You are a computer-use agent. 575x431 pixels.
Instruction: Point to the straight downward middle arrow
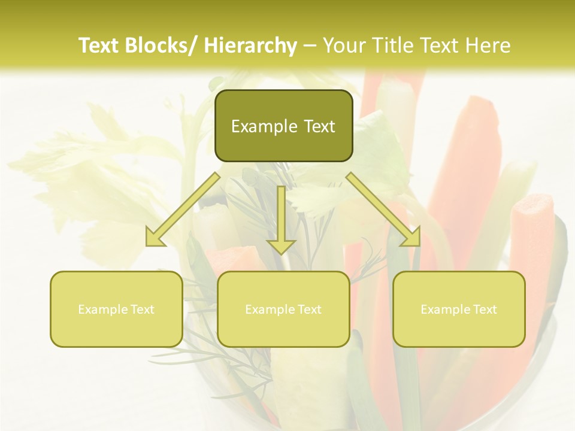[x=282, y=221]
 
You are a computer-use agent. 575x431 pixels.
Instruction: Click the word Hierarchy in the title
[x=250, y=45]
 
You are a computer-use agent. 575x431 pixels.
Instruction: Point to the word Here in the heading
[x=488, y=45]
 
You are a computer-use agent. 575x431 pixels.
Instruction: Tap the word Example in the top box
[x=264, y=127]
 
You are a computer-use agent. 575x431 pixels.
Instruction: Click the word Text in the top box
[x=319, y=127]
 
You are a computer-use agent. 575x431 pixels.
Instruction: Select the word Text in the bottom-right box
[x=485, y=309]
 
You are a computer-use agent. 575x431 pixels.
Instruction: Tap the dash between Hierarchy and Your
[x=310, y=45]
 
